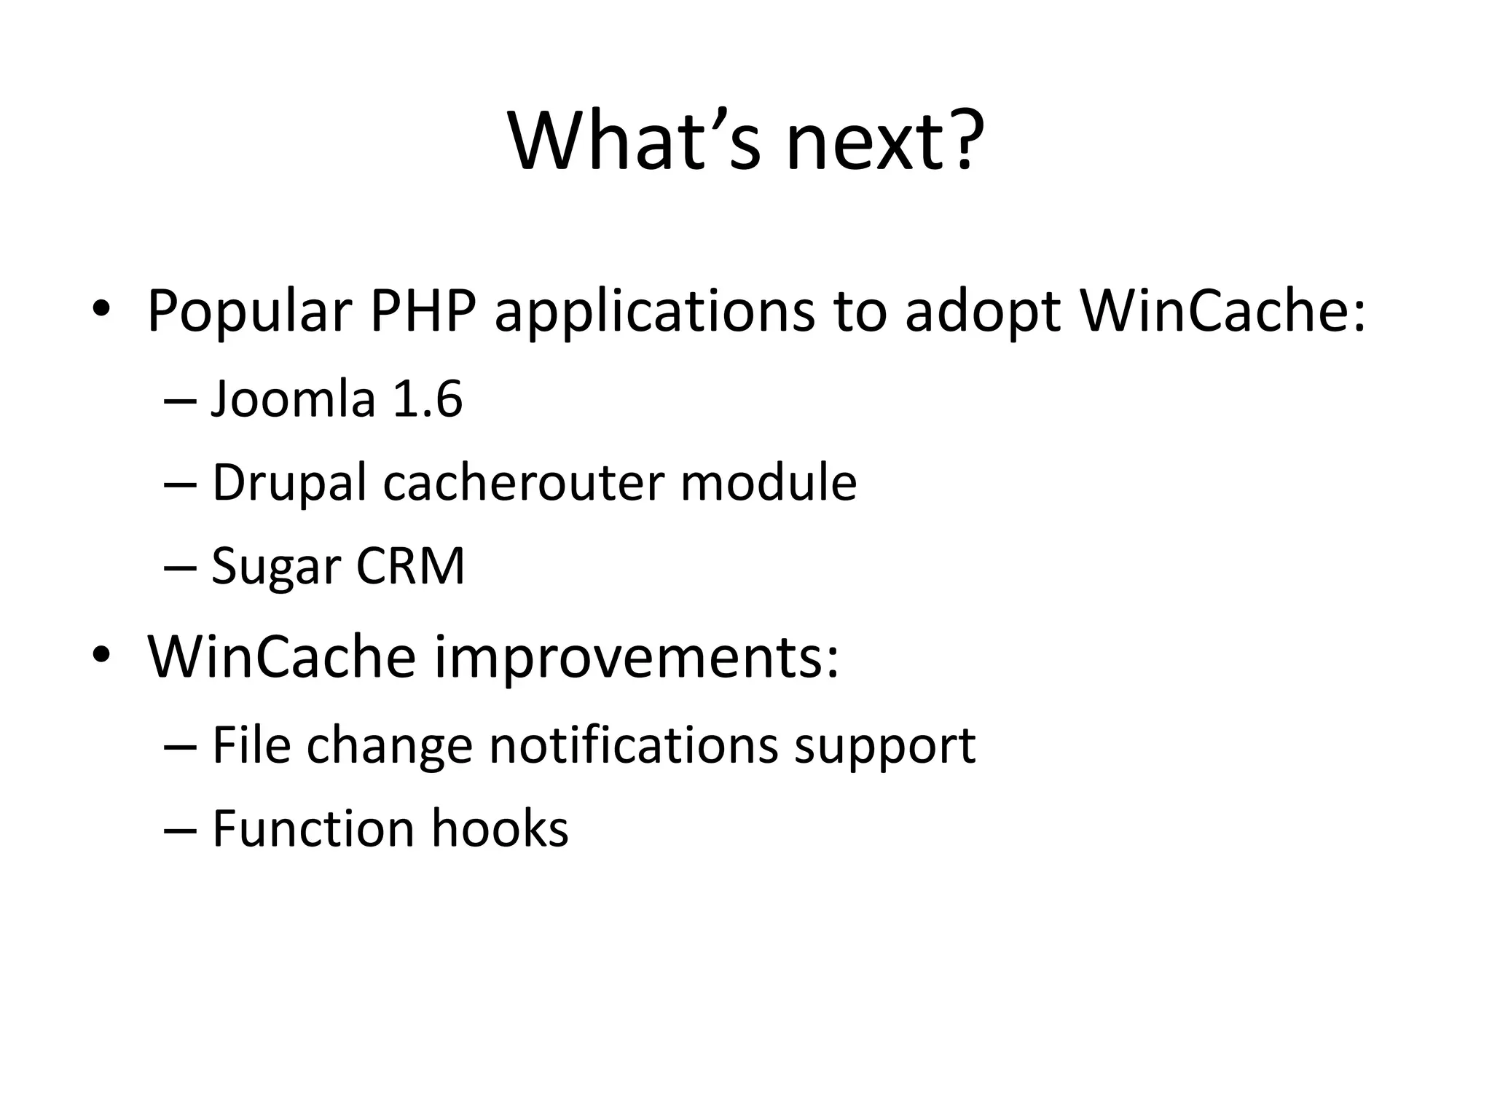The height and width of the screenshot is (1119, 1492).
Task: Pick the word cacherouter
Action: [x=524, y=482]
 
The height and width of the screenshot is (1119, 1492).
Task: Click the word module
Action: [x=768, y=482]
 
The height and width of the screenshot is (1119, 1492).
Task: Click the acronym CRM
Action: [x=410, y=566]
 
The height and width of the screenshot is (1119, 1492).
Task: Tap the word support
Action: [x=884, y=747]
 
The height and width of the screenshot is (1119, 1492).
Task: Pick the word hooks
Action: [x=500, y=828]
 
